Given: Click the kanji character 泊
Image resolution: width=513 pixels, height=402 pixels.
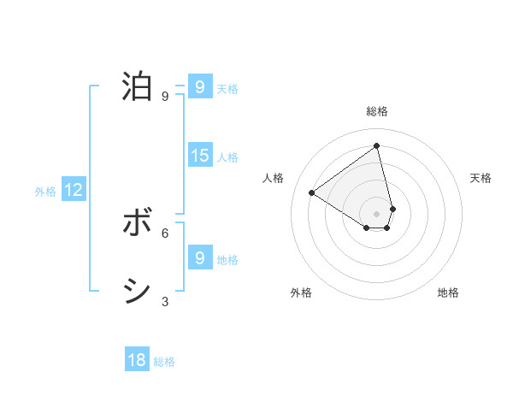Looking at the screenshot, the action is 137,87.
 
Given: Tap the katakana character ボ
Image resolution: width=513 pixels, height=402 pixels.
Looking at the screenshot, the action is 137,223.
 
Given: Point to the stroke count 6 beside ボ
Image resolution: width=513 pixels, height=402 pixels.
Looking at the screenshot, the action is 164,233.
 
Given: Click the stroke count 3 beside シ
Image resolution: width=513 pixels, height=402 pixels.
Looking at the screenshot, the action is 164,301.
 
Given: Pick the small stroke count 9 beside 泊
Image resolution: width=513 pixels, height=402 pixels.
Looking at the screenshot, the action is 164,97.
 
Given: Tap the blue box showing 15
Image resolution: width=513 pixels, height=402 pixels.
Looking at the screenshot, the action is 200,156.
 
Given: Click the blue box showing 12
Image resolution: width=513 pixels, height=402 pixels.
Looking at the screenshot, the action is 74,190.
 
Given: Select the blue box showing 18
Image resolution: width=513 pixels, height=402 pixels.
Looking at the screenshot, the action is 137,360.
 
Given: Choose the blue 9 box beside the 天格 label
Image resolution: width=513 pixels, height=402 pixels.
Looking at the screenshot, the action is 200,87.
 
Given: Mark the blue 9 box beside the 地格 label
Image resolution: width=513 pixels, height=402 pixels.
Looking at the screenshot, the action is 200,258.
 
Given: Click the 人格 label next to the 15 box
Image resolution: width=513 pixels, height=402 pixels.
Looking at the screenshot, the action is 227,157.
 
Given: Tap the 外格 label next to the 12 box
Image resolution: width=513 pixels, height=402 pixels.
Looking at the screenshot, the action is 45,192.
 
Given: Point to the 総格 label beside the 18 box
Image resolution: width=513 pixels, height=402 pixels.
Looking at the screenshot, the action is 164,362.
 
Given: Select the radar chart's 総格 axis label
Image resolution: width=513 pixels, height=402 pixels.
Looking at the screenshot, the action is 377,111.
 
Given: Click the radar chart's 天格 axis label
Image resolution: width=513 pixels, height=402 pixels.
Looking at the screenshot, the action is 481,178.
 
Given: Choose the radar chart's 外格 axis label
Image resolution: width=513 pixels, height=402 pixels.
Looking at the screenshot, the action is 301,293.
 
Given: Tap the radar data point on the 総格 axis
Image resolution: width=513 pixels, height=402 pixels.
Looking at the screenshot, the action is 377,145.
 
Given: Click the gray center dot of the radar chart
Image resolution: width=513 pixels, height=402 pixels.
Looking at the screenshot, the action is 377,214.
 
